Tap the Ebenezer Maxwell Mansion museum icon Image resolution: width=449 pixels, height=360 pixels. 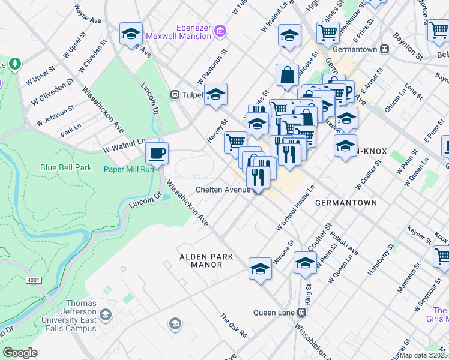pos(220,30)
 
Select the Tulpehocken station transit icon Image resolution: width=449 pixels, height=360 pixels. pos(175,94)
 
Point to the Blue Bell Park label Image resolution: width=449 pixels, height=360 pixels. pos(66,167)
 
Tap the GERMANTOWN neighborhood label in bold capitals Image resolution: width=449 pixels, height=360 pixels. pos(346,203)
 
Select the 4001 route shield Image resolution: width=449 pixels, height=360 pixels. pos(34,280)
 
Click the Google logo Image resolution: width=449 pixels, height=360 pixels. pos(20,352)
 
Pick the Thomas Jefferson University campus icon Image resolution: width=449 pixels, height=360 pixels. pos(106,314)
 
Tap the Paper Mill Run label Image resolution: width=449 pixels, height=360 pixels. pos(128,169)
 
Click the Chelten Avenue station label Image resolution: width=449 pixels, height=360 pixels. pos(223,190)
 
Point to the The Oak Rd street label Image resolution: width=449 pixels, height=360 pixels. pos(234,325)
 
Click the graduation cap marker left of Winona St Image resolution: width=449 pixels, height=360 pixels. pos(261,268)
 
